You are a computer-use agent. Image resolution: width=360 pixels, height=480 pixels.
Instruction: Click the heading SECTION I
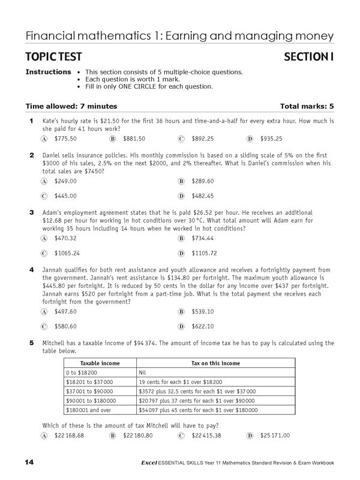point(305,58)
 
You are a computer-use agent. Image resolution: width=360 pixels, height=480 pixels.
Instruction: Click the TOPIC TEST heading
point(55,58)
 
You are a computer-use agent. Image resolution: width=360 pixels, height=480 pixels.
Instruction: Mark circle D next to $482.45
point(181,196)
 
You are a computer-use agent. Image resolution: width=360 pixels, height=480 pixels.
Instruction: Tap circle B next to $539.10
point(181,312)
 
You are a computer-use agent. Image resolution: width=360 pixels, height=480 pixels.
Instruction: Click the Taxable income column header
point(100,364)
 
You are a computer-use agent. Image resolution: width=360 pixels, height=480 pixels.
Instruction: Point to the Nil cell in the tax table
point(143,372)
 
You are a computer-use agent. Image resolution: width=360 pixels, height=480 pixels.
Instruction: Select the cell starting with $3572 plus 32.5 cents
point(195,391)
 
